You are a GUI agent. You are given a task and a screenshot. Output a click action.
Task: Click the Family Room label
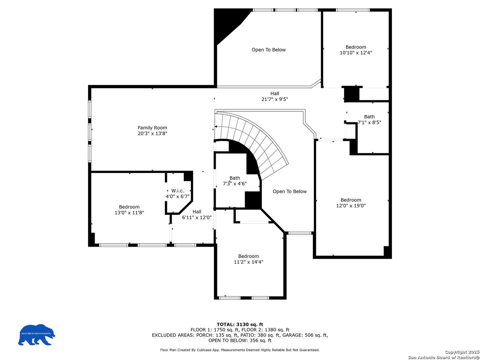point(152,128)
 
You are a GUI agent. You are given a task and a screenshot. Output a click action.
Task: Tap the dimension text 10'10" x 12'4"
point(356,53)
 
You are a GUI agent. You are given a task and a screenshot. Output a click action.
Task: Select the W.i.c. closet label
point(177,191)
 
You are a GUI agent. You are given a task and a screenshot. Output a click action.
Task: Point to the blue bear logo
point(37,334)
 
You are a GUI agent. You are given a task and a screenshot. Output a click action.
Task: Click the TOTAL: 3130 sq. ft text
point(240,324)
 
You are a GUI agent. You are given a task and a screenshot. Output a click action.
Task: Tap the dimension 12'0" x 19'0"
point(351,206)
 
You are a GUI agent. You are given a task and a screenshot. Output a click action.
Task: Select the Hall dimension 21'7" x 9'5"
point(275,99)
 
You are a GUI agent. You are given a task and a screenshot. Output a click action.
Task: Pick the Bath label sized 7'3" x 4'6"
point(235,178)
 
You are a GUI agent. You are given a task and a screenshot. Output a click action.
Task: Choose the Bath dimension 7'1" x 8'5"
point(369,122)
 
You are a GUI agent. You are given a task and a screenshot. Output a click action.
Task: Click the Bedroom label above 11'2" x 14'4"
point(248,256)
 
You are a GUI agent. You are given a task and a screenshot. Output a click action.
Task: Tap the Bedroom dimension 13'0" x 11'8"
point(129,212)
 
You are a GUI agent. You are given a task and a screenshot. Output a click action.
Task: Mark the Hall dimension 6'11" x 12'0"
point(197,217)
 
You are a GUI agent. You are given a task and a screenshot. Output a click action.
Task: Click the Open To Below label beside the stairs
point(290,191)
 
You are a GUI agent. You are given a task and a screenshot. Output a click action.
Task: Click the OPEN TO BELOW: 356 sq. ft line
point(240,341)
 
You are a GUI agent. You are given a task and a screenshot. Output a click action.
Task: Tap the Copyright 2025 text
point(462,352)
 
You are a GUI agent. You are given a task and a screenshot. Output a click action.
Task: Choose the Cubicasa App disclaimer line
point(240,350)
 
